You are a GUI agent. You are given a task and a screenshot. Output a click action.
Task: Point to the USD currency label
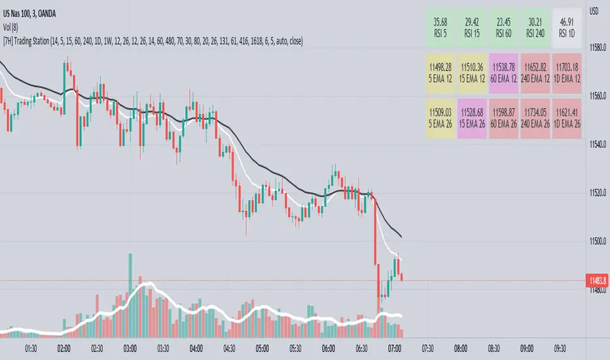(596, 10)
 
